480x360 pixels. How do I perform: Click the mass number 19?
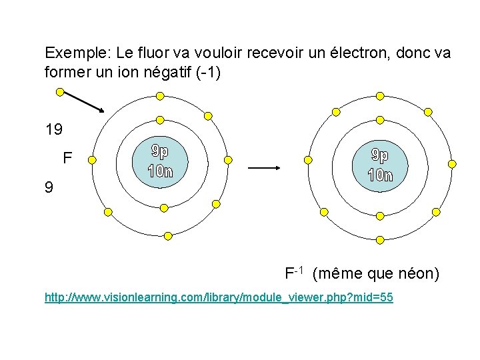(54, 128)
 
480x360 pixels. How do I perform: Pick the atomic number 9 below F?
(48, 188)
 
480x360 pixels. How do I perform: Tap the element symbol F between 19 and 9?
(67, 159)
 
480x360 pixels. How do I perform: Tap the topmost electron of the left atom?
(159, 95)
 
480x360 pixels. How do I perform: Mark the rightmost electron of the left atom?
(228, 160)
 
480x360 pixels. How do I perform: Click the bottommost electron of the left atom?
(168, 235)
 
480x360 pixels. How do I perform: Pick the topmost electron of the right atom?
(380, 96)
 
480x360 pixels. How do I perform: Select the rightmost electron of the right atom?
(453, 163)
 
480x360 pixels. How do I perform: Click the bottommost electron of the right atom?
(380, 239)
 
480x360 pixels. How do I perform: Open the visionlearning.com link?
(219, 297)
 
